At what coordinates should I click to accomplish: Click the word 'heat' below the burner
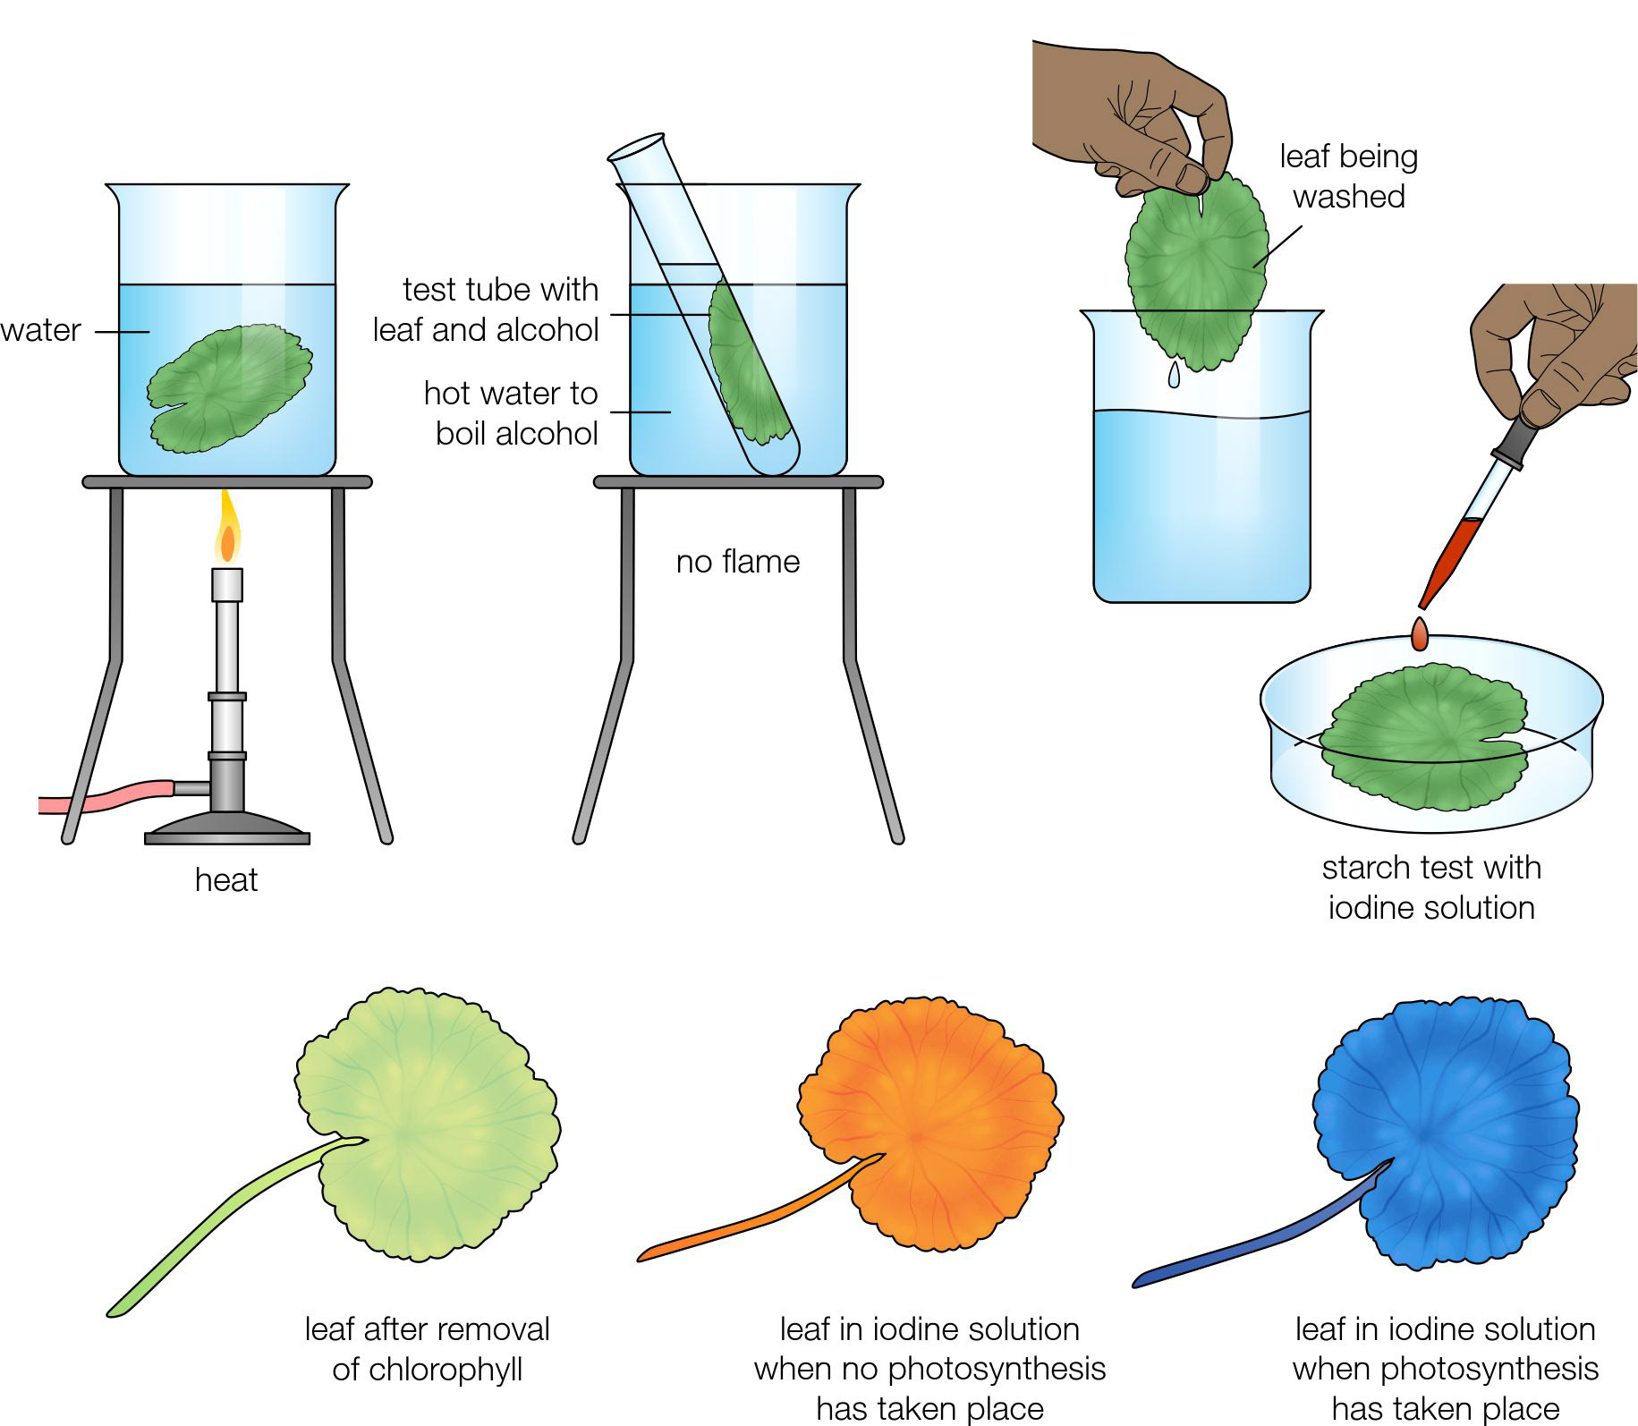pos(226,880)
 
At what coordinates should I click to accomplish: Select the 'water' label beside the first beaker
pos(40,330)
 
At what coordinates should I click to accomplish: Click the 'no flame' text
pos(738,562)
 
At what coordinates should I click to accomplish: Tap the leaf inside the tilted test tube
pos(748,363)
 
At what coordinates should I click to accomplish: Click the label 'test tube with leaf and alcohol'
pos(487,310)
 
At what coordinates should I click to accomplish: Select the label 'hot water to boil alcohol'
pos(511,413)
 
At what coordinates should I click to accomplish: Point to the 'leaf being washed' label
pos(1349,176)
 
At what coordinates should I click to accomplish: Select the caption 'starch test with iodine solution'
pos(1431,887)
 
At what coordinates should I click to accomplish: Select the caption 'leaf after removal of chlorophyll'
pos(428,1349)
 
